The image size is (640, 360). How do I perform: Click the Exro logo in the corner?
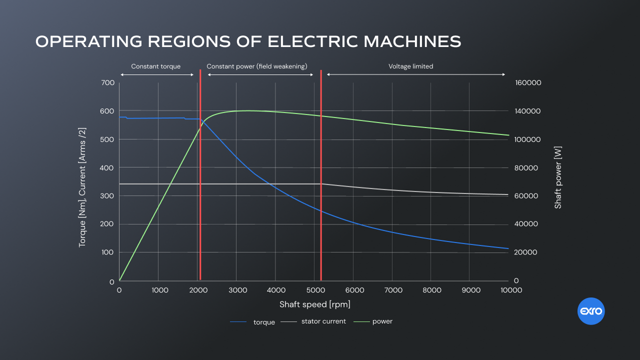pyautogui.click(x=591, y=312)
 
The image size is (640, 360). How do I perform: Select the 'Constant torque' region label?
pyautogui.click(x=156, y=66)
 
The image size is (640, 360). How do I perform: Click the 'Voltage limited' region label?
pyautogui.click(x=411, y=66)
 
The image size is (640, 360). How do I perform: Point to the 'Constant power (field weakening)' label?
pyautogui.click(x=257, y=66)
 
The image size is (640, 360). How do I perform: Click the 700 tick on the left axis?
pyautogui.click(x=108, y=82)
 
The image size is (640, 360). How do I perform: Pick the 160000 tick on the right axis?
pyautogui.click(x=528, y=82)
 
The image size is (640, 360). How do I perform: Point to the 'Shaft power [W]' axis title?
pyautogui.click(x=558, y=177)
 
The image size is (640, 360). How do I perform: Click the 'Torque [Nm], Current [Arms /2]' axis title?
pyautogui.click(x=82, y=187)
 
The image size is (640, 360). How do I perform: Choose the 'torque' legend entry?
pyautogui.click(x=264, y=322)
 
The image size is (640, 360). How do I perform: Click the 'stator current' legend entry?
pyautogui.click(x=323, y=321)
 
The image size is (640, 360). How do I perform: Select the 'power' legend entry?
pyautogui.click(x=382, y=321)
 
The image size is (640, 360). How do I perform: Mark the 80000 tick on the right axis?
pyautogui.click(x=526, y=168)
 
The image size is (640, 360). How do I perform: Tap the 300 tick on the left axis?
pyautogui.click(x=108, y=196)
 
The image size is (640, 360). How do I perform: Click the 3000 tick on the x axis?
pyautogui.click(x=236, y=290)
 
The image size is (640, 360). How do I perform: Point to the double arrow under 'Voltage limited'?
pyautogui.click(x=416, y=74)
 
